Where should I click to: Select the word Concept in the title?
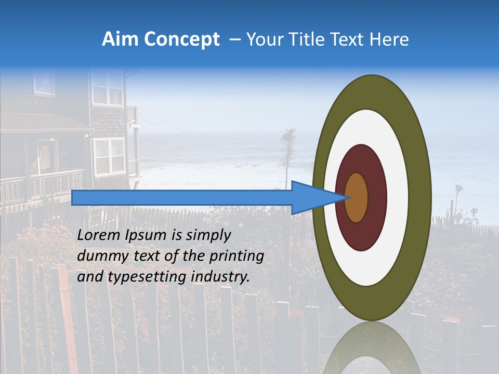[182, 39]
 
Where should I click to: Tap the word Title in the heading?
[316, 39]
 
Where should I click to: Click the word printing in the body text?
[236, 257]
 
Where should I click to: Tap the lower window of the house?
[109, 156]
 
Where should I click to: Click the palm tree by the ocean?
[287, 151]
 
